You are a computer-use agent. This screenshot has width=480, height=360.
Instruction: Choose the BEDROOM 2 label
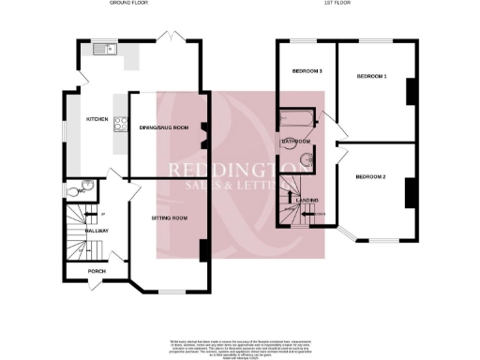[371, 175]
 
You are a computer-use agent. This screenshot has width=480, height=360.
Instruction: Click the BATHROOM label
[295, 142]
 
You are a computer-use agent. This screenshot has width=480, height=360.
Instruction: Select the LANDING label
[308, 200]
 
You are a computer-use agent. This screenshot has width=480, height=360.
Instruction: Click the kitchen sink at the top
[101, 49]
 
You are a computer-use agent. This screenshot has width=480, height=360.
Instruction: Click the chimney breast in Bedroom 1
[410, 91]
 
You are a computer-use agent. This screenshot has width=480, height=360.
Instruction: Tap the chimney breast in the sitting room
[203, 251]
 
